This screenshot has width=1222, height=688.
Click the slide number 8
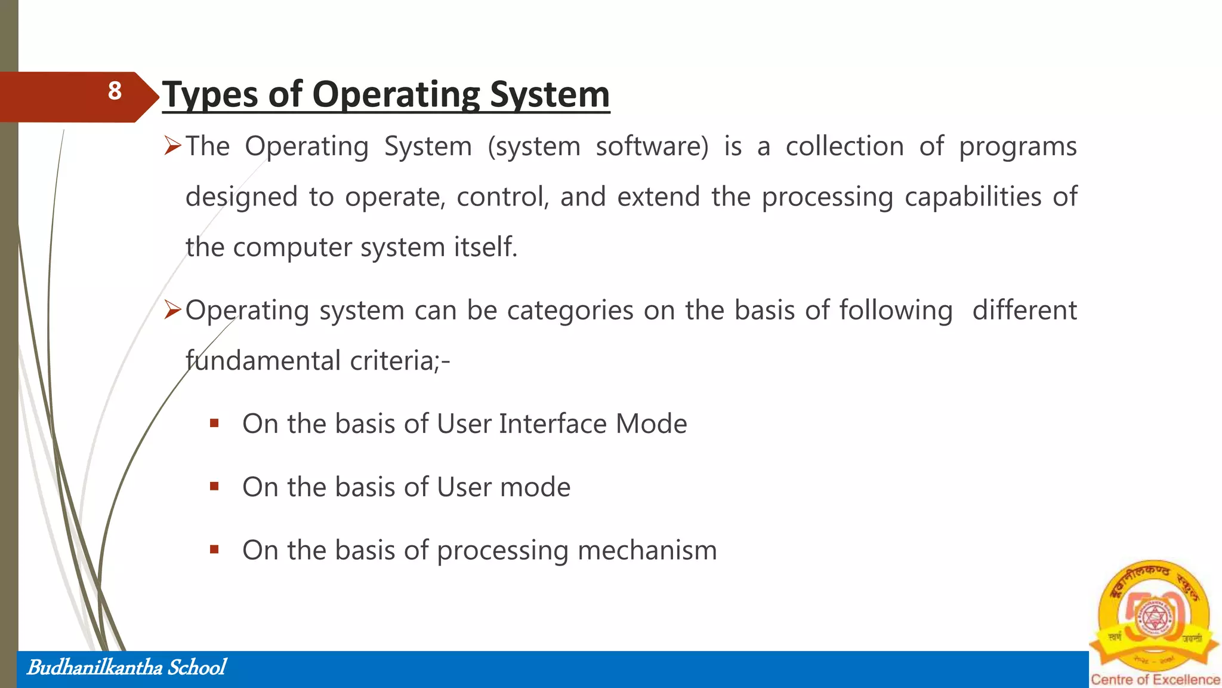click(115, 91)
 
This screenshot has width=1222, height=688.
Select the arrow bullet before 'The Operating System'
click(172, 146)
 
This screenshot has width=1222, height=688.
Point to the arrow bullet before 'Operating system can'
click(172, 310)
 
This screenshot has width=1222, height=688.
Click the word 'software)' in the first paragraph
click(652, 147)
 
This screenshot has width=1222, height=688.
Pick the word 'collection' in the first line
click(844, 147)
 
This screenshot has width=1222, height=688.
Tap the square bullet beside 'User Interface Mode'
click(215, 424)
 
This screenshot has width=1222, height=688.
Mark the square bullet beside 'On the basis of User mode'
click(215, 487)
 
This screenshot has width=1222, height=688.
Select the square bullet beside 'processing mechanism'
click(215, 550)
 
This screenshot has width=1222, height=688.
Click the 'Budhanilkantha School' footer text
click(126, 668)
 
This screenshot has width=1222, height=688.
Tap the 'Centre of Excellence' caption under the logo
click(1155, 680)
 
